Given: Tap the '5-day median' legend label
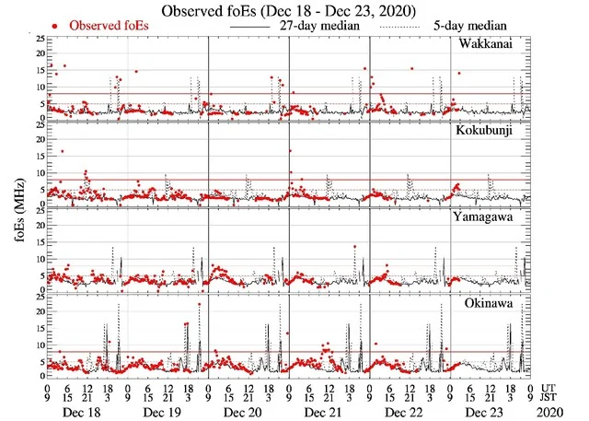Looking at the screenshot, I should pos(469,26).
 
